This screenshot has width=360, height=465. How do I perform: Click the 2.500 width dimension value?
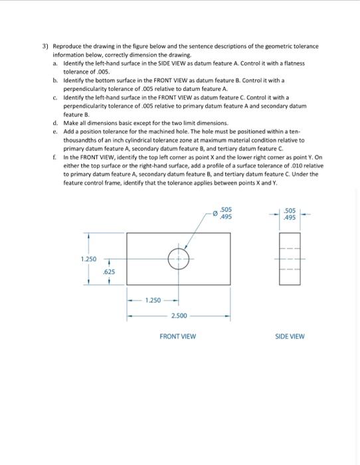(179, 315)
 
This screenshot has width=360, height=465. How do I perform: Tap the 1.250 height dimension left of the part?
(88, 258)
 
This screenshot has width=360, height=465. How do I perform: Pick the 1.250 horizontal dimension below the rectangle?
(153, 300)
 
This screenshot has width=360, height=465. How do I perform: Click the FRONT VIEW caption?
(178, 337)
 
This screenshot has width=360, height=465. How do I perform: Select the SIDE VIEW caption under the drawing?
(290, 337)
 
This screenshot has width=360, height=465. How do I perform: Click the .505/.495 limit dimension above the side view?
(290, 215)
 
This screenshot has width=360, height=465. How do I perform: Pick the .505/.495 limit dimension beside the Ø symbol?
(226, 215)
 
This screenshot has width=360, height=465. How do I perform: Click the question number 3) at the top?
(45, 46)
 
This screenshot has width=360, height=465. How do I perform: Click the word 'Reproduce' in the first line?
(67, 46)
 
